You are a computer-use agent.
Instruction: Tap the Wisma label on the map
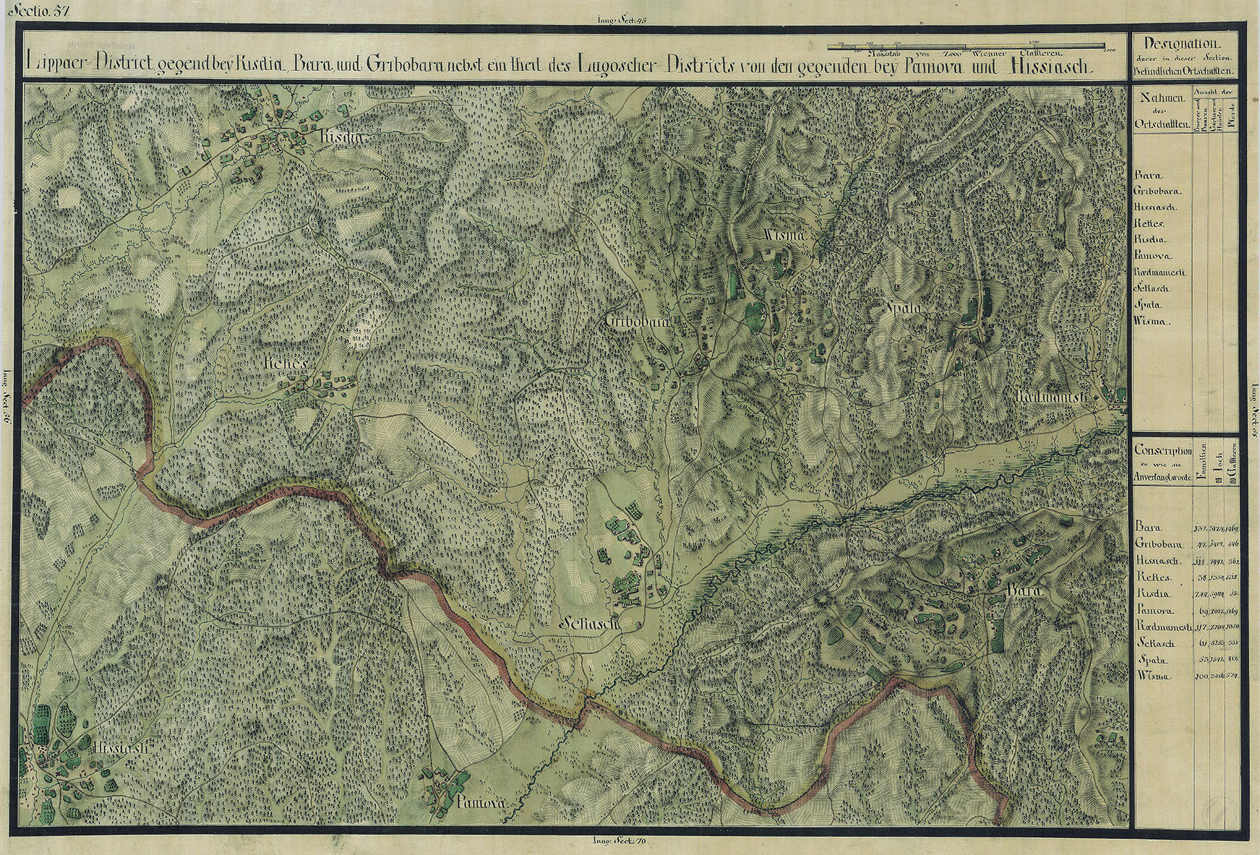(785, 235)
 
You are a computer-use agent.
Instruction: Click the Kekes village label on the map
(285, 364)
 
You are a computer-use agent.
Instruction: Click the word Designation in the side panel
(1184, 45)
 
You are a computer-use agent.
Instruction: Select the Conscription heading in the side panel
(1163, 450)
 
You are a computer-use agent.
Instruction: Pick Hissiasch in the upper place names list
(1155, 207)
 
